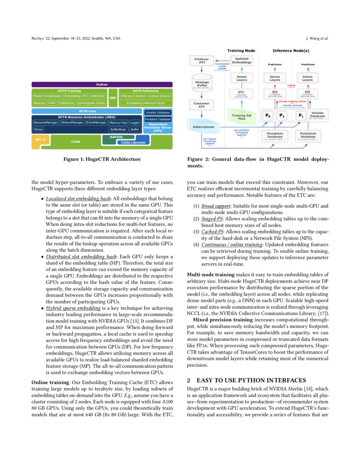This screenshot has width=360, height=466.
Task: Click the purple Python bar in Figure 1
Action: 102,85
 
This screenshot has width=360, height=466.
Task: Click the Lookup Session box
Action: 159,96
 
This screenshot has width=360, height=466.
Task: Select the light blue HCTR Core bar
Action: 87,111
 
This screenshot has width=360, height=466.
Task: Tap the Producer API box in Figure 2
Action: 202,61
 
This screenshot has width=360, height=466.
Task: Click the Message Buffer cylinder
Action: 202,84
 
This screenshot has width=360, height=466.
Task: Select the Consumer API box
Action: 202,105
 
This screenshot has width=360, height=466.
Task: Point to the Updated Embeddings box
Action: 242,61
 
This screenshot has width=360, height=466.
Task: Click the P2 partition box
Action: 282,115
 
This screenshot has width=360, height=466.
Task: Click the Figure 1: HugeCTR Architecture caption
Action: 102,159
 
